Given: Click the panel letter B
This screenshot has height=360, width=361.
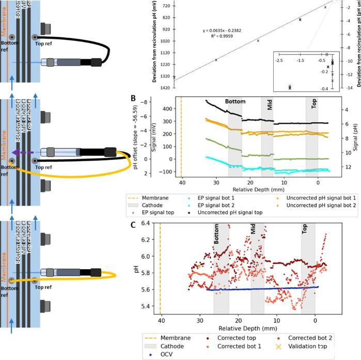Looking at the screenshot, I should (133, 98).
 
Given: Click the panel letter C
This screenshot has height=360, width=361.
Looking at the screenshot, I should (133, 210).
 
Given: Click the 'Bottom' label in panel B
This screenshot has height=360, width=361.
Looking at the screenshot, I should (234, 102).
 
